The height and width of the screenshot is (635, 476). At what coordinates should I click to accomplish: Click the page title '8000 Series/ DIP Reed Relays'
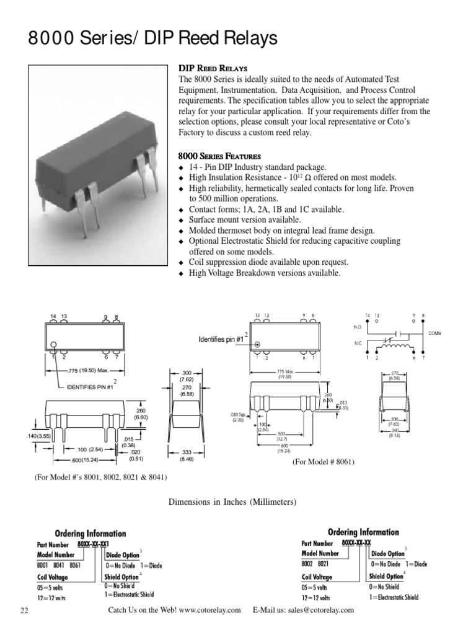pyautogui.click(x=152, y=40)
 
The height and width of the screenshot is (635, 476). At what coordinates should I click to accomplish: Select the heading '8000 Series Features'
pyautogui.click(x=219, y=156)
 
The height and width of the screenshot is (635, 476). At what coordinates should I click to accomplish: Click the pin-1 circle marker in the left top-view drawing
pyautogui.click(x=55, y=345)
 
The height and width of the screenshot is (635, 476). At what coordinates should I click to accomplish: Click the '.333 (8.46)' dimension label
pyautogui.click(x=186, y=456)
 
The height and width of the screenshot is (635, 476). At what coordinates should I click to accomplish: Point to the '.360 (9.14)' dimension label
pyautogui.click(x=394, y=433)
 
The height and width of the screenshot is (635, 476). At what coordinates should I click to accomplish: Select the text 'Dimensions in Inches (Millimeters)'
pyautogui.click(x=233, y=501)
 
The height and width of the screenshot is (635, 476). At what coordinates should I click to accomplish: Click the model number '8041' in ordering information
pyautogui.click(x=58, y=565)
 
